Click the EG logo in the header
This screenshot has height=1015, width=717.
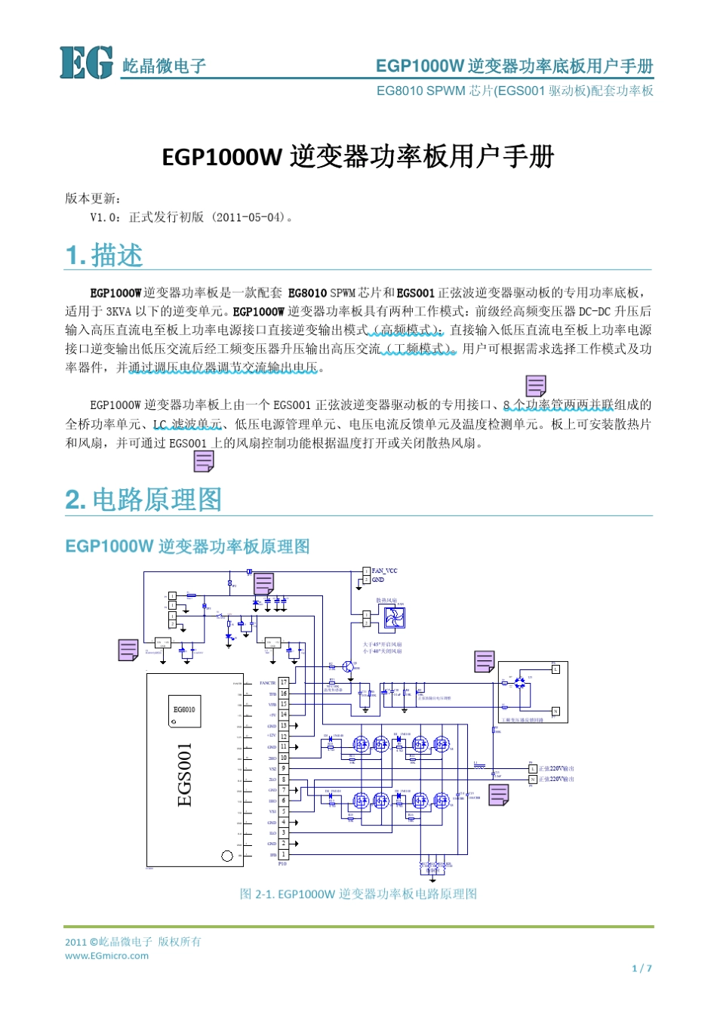click(86, 63)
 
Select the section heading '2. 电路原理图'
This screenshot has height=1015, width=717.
click(143, 500)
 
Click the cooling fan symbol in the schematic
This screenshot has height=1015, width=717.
click(394, 618)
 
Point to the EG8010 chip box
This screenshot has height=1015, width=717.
click(185, 711)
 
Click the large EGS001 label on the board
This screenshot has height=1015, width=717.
click(185, 774)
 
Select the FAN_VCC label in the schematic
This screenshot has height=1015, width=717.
click(384, 571)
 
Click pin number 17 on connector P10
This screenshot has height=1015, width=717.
click(284, 682)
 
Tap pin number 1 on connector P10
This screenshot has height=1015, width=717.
click(284, 854)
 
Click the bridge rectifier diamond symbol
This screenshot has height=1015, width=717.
click(519, 682)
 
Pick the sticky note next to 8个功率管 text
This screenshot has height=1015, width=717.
click(536, 386)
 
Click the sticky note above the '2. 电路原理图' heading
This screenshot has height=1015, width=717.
click(204, 461)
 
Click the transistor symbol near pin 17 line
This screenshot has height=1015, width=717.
click(348, 667)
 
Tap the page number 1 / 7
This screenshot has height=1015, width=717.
click(642, 968)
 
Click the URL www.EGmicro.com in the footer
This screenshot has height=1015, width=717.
click(106, 956)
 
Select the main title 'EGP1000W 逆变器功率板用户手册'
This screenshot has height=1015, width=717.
click(358, 156)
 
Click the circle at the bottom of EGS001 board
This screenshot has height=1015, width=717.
click(226, 856)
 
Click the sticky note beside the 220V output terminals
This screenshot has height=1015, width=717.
click(498, 795)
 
